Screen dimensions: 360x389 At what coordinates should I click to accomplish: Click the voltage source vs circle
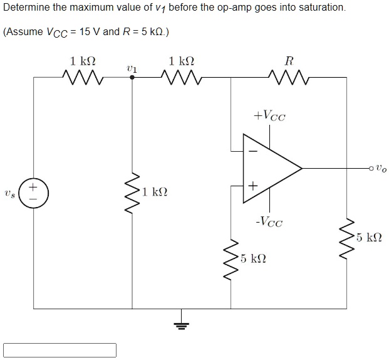click(33, 193)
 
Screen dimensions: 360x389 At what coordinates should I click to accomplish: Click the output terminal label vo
click(381, 168)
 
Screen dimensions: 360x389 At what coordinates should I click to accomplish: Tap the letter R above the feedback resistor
click(288, 61)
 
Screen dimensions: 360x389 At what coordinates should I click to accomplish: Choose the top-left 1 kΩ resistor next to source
click(82, 77)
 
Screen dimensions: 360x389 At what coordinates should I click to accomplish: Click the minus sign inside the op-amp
click(254, 151)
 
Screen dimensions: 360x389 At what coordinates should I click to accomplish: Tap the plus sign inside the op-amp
click(253, 186)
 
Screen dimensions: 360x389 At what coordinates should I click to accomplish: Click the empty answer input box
click(60, 349)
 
